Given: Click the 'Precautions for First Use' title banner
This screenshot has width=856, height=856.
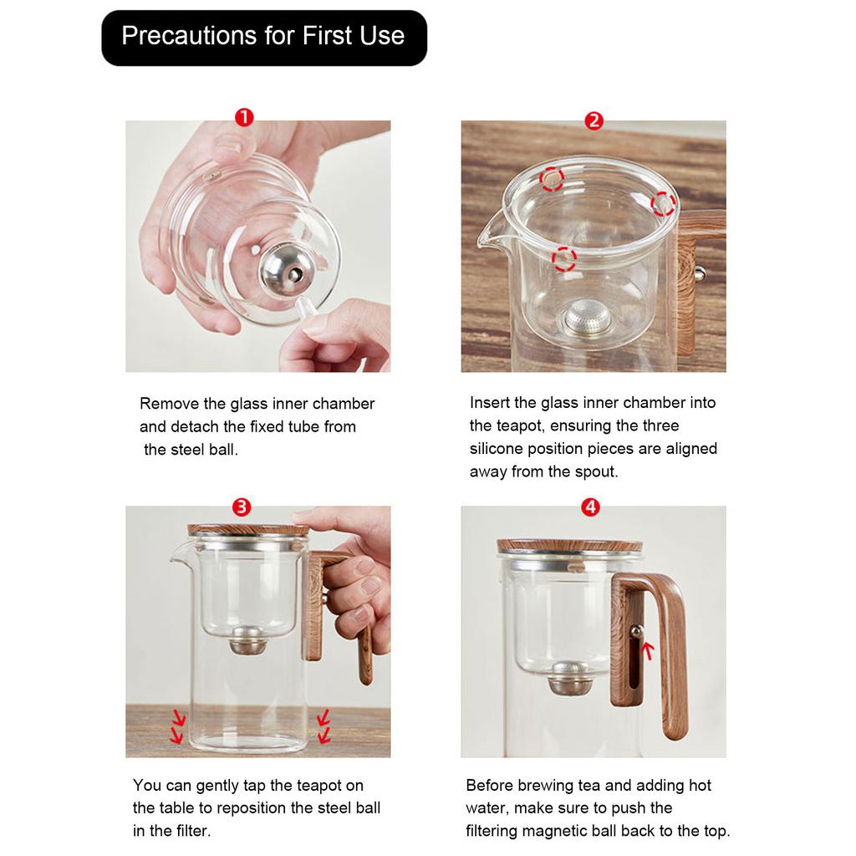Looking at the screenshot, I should pos(263,37).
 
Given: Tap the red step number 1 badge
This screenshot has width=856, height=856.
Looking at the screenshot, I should pos(244,118).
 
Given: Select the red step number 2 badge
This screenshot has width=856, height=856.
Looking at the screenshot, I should pos(594,121).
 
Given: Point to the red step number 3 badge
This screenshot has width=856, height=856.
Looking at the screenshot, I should pos(242,507).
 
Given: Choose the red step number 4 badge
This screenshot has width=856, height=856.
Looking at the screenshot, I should pos(591,507).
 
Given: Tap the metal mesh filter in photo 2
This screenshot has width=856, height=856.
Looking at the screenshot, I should pos(588,318).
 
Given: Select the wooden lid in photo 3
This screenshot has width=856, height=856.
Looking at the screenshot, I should pos(247,530).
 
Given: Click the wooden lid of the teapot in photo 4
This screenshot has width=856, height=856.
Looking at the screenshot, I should pos(569,546).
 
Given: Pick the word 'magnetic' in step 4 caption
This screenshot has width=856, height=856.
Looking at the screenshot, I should pos(557,831).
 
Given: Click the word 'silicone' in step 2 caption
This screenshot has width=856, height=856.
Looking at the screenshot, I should pos(497,449).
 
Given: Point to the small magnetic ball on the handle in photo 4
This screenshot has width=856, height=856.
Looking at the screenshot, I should pos(637,631).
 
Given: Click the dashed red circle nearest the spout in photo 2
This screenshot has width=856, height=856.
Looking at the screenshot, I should pos(564,258).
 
